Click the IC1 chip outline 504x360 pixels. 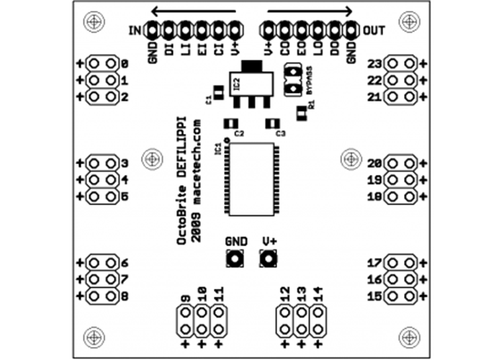pyautogui.click(x=251, y=179)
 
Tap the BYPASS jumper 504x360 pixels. pyautogui.click(x=293, y=79)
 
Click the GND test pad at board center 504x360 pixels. pyautogui.click(x=235, y=258)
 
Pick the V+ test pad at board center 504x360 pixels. pyautogui.click(x=269, y=258)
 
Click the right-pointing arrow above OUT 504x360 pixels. pyautogui.click(x=310, y=11)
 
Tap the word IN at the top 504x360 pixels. pyautogui.click(x=134, y=31)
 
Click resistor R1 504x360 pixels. pyautogui.click(x=301, y=112)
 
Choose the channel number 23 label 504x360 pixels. pyautogui.click(x=374, y=63)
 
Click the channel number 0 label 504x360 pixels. pyautogui.click(x=125, y=63)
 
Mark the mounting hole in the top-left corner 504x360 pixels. pyautogui.click(x=94, y=22)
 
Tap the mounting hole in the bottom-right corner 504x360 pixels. pyautogui.click(x=409, y=336)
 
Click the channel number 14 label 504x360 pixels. pyautogui.click(x=318, y=293)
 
